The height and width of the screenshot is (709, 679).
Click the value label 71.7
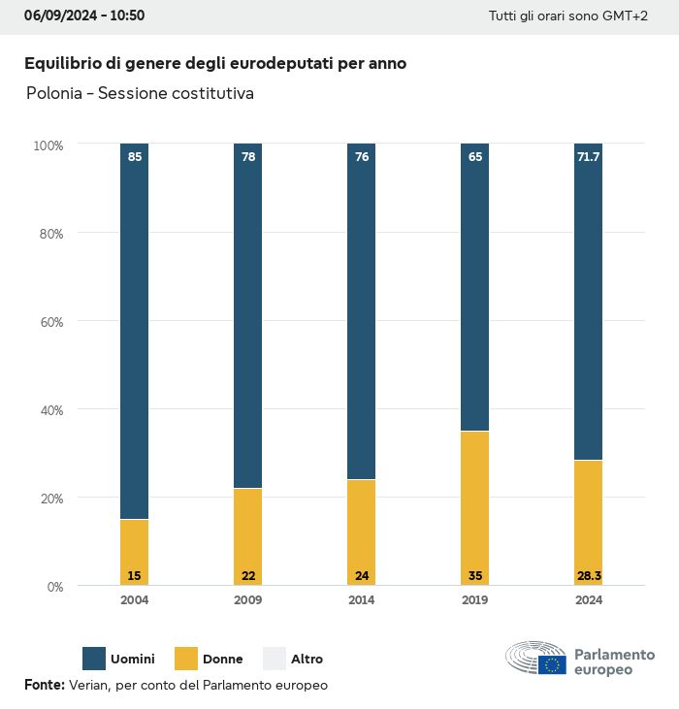588,156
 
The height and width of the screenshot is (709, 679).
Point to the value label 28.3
588,576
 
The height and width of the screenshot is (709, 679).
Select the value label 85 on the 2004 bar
135,156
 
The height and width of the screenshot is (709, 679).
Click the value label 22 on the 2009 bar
248,576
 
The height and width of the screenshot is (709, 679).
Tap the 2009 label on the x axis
247,600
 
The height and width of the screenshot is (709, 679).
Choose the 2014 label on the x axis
361,600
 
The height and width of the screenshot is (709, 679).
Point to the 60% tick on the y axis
48,321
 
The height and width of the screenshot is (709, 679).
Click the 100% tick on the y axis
48,145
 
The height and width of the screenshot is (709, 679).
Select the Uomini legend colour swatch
94,659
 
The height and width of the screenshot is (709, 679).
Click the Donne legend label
223,660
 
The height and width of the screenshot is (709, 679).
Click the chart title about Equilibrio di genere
215,63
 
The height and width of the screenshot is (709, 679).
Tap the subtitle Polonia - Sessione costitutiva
142,94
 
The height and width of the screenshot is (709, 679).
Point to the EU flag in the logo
553,664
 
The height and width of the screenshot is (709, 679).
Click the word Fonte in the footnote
44,685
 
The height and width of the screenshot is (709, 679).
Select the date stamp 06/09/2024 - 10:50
84,16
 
